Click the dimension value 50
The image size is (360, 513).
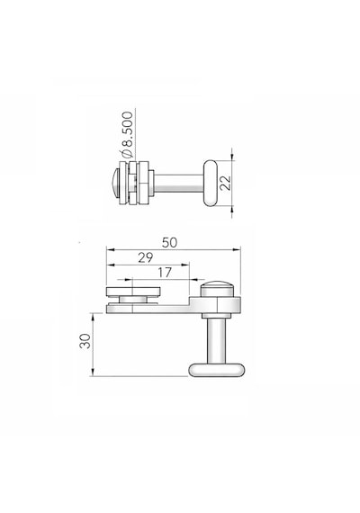click(x=169, y=242)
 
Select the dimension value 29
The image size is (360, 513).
click(x=145, y=257)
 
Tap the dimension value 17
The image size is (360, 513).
click(x=165, y=272)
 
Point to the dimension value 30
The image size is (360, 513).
click(x=85, y=341)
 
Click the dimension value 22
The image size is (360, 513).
click(x=226, y=183)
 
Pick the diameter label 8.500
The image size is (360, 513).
click(x=126, y=134)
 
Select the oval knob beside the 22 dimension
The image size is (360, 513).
click(x=210, y=183)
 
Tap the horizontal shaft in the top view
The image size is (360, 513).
click(x=179, y=183)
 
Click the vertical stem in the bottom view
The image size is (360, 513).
click(x=216, y=340)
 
